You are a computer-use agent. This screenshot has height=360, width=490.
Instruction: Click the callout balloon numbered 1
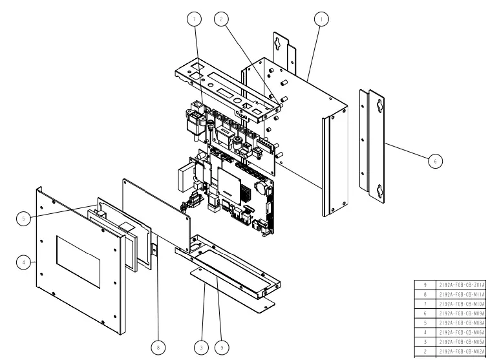(x=320, y=20)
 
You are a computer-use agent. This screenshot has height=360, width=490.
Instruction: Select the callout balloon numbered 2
(x=222, y=20)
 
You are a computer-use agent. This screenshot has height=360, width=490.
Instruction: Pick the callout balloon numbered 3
(x=202, y=346)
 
